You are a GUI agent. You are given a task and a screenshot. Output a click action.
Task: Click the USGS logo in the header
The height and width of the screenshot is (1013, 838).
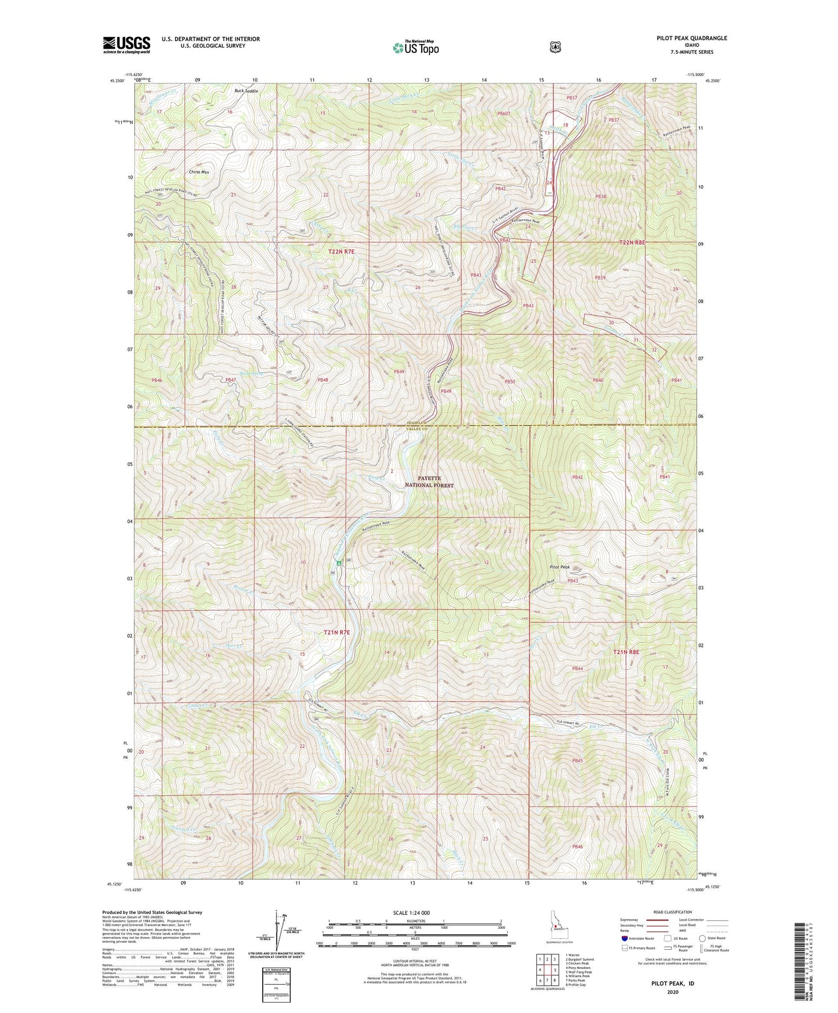point(126,44)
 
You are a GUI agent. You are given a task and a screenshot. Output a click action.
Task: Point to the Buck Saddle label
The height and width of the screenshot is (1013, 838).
point(246,91)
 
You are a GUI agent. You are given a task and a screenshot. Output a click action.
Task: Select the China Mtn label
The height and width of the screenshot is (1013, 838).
point(199,172)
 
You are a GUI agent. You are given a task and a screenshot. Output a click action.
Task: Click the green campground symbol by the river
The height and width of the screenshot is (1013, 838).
point(339,562)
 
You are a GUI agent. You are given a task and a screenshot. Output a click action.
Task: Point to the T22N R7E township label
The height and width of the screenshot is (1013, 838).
point(341,252)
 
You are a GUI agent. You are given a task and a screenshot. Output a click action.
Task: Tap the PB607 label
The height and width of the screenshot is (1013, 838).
point(503,114)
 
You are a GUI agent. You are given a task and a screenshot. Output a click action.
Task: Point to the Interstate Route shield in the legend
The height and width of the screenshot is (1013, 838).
point(624,938)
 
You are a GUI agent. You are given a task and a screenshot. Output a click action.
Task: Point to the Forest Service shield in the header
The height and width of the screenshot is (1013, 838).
point(555,46)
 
